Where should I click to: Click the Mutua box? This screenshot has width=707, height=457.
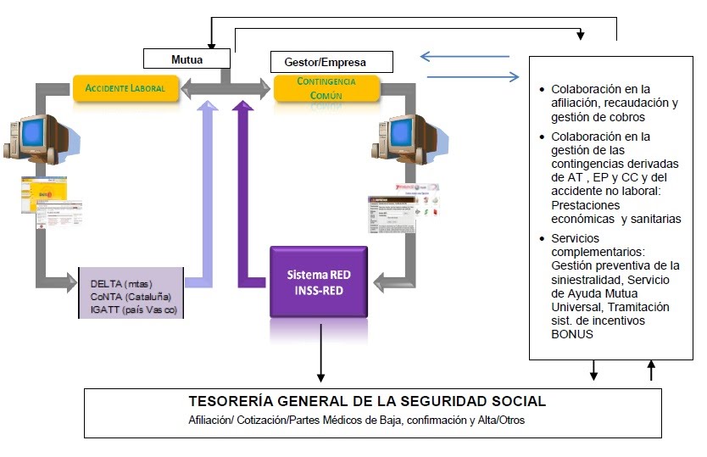point(186,59)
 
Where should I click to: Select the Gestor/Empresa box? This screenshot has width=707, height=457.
point(331,62)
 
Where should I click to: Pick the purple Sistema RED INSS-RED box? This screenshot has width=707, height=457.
point(318,281)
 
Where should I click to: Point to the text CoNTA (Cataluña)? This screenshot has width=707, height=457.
point(130,296)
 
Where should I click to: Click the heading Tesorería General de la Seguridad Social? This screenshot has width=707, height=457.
point(366,401)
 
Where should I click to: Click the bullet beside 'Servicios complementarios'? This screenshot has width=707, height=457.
point(543,239)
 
